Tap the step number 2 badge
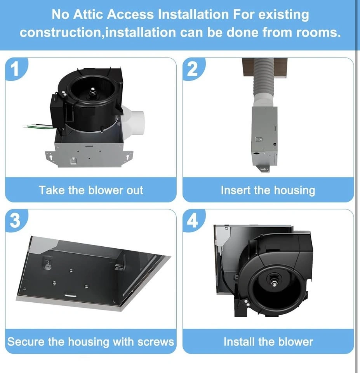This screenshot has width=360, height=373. [x=193, y=69]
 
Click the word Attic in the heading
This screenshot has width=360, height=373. [x=88, y=14]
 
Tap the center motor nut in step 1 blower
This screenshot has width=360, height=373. [x=93, y=90]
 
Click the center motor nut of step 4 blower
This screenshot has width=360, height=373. [x=275, y=284]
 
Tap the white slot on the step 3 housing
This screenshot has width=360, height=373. [x=71, y=295]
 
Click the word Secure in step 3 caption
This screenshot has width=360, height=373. [x=26, y=342]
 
